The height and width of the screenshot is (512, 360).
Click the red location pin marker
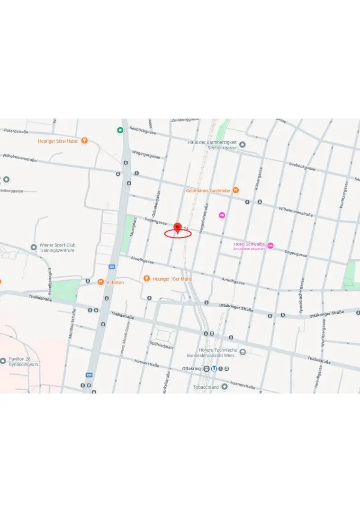tap(178, 228)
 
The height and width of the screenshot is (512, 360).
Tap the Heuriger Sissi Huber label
tap(59, 141)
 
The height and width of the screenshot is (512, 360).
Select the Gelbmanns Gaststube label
tap(208, 191)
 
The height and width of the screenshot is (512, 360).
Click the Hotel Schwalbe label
tap(249, 245)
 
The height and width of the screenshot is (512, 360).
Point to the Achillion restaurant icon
tap(100, 282)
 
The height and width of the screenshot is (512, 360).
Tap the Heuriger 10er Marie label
tap(172, 279)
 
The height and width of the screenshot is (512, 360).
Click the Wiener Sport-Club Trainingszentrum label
tap(57, 248)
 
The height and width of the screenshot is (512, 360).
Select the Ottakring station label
tap(191, 368)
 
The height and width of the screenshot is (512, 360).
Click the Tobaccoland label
tap(206, 387)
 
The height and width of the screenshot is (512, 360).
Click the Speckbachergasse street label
tap(301, 295)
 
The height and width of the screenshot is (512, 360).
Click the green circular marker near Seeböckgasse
tap(120, 130)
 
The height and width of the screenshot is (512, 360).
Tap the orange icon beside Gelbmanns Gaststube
tap(235, 190)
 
